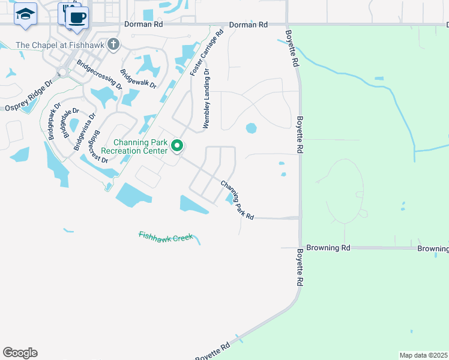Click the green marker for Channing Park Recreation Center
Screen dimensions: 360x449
point(177,145)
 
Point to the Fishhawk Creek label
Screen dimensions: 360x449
point(165,237)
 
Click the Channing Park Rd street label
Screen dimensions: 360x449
point(237,200)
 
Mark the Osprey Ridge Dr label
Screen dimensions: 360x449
point(29,96)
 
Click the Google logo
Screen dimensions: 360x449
point(20,353)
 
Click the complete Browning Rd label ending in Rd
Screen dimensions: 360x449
point(328,247)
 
